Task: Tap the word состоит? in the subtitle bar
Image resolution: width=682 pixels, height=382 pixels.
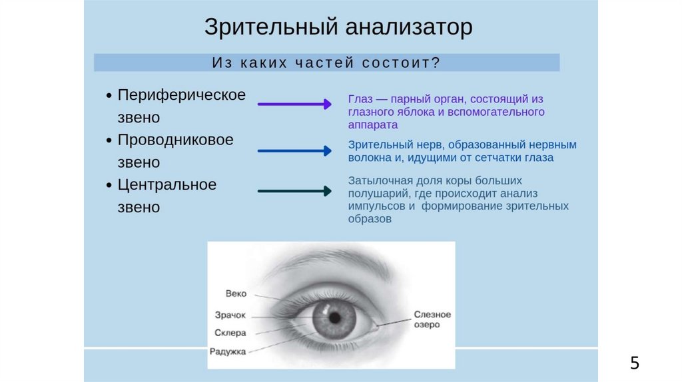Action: point(402,63)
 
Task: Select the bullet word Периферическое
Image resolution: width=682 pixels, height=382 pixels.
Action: point(182,95)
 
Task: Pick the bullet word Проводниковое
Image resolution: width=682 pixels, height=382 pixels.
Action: point(176,140)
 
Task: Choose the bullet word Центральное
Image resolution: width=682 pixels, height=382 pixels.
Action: point(167,185)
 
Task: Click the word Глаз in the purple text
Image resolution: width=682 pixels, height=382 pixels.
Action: point(358,99)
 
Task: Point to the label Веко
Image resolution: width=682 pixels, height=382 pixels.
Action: point(236,293)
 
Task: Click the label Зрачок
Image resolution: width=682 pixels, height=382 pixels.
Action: point(230,315)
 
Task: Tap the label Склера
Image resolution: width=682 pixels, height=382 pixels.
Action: point(230,333)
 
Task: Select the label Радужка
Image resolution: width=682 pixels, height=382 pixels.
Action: point(228,351)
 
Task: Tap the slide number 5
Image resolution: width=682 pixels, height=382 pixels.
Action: point(634,363)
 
